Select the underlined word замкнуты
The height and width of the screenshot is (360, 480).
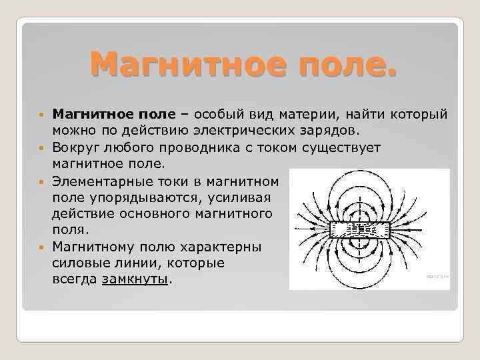[136, 280]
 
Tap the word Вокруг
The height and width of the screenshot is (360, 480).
[74, 148]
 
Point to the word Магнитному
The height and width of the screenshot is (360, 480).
[91, 247]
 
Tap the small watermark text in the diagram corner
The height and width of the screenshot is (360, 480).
[436, 275]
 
